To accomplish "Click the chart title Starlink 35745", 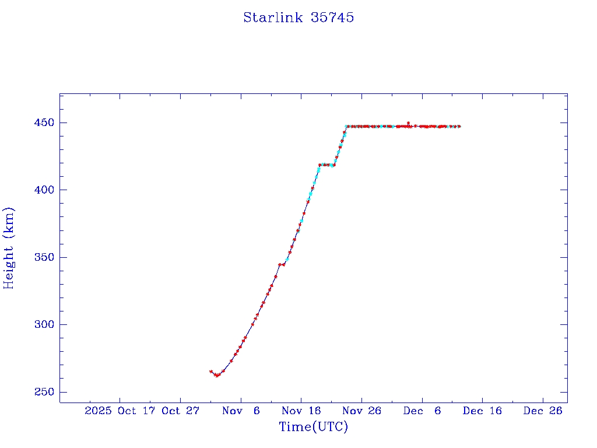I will (x=298, y=17).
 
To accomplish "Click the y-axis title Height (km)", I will (x=9, y=247).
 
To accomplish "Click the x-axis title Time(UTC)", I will (x=314, y=427).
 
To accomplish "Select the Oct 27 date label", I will (x=181, y=411).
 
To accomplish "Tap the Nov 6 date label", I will (x=241, y=411).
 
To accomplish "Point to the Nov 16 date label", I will (x=301, y=411).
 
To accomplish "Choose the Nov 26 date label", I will (x=362, y=411).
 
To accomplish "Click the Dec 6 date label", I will (x=422, y=411).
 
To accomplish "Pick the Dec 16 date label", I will (x=483, y=411).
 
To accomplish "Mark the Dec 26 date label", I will (x=543, y=411).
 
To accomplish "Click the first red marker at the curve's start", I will (x=211, y=371).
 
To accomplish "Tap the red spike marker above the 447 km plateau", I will (x=408, y=123).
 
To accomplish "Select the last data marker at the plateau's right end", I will (x=459, y=127).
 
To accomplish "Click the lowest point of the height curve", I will (x=216, y=376).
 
